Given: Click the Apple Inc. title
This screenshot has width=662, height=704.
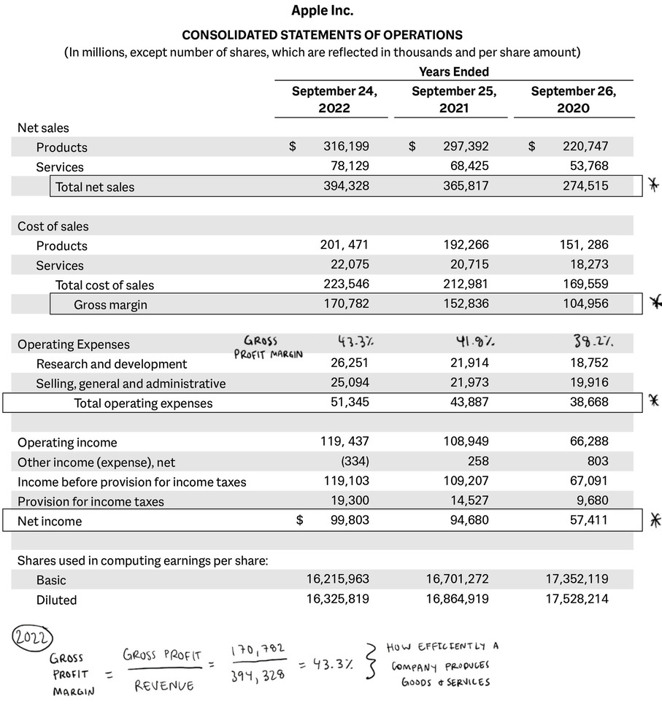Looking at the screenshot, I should (x=322, y=10).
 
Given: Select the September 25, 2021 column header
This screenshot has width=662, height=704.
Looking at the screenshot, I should (x=454, y=100).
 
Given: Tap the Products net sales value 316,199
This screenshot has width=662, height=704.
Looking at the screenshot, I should (x=346, y=147).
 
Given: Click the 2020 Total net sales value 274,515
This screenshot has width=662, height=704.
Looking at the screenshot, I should (x=585, y=186).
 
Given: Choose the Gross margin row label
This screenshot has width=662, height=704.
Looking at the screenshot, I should (x=110, y=305).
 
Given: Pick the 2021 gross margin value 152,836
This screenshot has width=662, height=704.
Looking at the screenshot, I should (x=466, y=303).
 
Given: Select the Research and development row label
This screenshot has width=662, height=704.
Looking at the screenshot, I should (x=112, y=364).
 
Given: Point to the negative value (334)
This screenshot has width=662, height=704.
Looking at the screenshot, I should (x=355, y=461).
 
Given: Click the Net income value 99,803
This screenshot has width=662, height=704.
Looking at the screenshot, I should (x=346, y=520).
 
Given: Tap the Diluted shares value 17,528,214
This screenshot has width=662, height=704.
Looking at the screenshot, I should (x=577, y=600).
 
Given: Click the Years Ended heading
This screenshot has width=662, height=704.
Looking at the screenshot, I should (x=454, y=71).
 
